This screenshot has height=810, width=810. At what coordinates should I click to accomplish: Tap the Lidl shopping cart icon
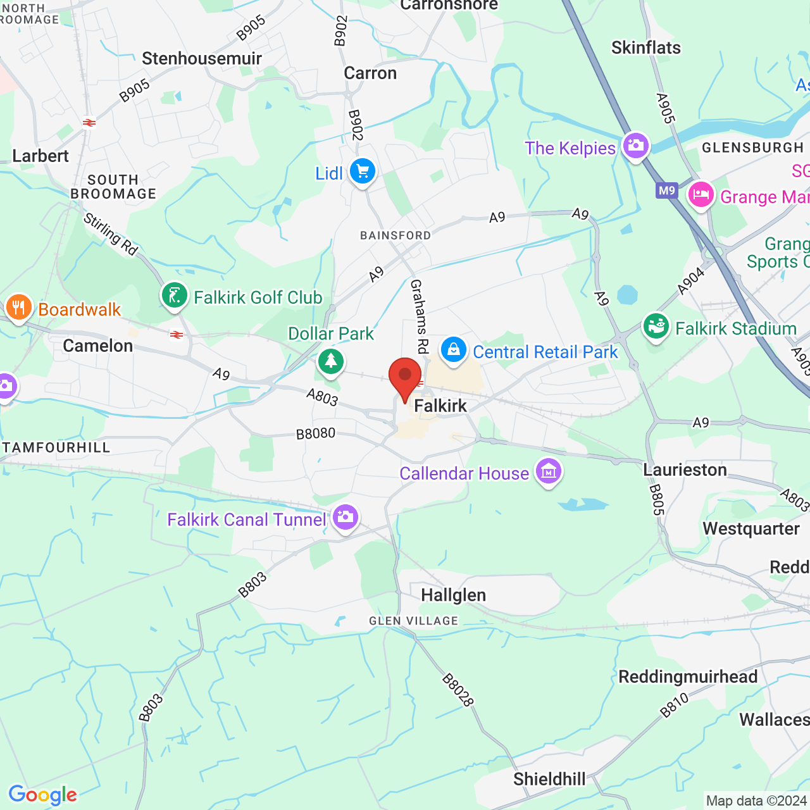[363, 171]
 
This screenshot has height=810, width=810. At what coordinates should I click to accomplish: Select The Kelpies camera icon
[635, 146]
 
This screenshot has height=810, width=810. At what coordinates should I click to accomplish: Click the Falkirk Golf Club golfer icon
[175, 296]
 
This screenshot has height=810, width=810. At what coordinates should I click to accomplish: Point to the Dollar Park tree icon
[330, 361]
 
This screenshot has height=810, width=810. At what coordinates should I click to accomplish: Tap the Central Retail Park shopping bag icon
[453, 349]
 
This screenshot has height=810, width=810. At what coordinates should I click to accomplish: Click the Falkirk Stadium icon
[656, 327]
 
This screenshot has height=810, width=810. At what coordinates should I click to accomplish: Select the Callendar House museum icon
[548, 471]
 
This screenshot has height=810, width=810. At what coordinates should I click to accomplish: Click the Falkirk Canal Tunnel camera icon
[345, 518]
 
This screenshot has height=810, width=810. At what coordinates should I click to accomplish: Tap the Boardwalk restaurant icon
[18, 308]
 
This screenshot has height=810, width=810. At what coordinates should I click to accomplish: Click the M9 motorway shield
[667, 190]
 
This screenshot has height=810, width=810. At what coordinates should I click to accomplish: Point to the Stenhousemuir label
[202, 59]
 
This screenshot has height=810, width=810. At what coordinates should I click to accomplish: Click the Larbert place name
[40, 156]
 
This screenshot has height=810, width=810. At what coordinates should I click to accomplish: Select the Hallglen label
[454, 595]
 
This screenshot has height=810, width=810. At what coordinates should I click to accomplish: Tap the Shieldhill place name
[549, 779]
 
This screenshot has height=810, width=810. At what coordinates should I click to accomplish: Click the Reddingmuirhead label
[688, 676]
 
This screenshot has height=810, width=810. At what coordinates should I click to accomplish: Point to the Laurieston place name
[685, 470]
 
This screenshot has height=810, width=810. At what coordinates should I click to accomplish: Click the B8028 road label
[458, 690]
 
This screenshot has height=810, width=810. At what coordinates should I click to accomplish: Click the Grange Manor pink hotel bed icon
[701, 194]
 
